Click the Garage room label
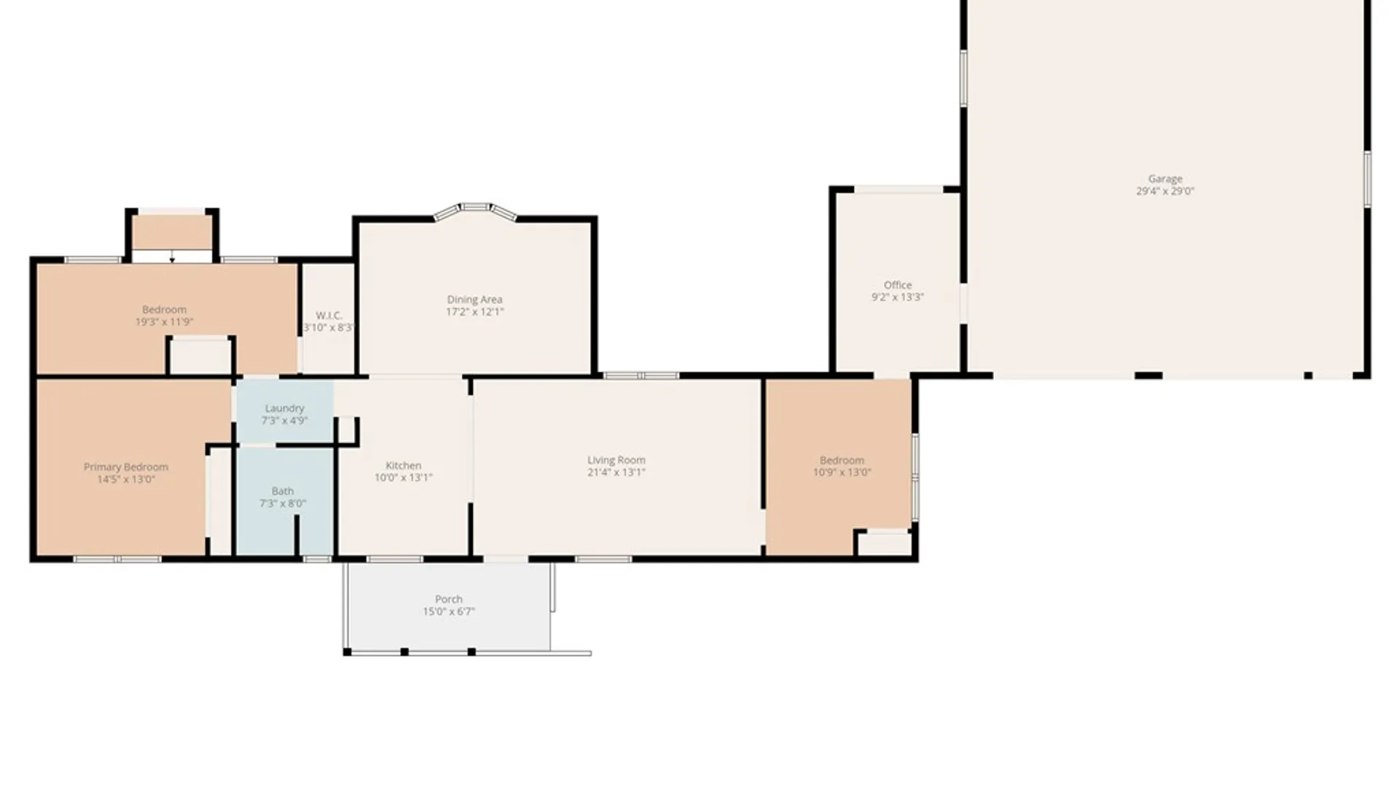pos(1165,179)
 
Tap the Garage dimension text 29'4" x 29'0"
pos(1165,191)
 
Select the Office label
pos(898,285)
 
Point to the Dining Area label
pos(474,299)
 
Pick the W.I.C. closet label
pos(329,316)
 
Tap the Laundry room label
pos(284,409)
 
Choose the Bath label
pos(283,491)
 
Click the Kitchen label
pos(403,466)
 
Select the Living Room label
pos(616,461)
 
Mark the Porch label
pos(449,599)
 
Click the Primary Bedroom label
pos(126,467)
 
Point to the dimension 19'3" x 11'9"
pos(164,321)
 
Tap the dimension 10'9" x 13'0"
pos(842,472)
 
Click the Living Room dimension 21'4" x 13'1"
pos(616,472)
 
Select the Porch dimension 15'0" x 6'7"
pos(449,611)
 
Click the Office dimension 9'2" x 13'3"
pos(898,297)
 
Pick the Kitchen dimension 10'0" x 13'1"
pos(403,478)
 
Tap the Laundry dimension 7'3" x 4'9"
pos(284,420)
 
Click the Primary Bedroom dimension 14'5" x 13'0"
pos(126,479)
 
